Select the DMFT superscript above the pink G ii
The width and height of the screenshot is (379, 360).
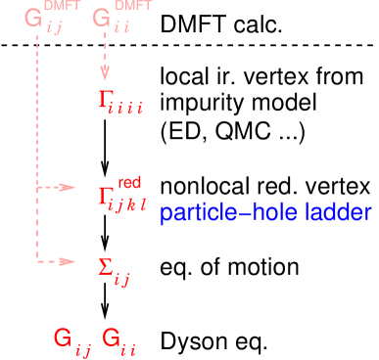pyautogui.click(x=133, y=9)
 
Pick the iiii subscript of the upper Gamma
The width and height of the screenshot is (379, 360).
pyautogui.click(x=130, y=108)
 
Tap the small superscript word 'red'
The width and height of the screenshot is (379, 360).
pyautogui.click(x=129, y=182)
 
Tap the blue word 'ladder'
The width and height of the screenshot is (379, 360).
pyautogui.click(x=339, y=213)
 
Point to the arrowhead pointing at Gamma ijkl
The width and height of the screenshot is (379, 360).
pyautogui.click(x=69, y=187)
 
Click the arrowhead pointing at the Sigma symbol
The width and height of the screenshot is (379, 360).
pyautogui.click(x=69, y=261)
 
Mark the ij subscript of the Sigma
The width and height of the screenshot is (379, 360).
pyautogui.click(x=122, y=282)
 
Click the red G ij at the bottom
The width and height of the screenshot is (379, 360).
pyautogui.click(x=69, y=339)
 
